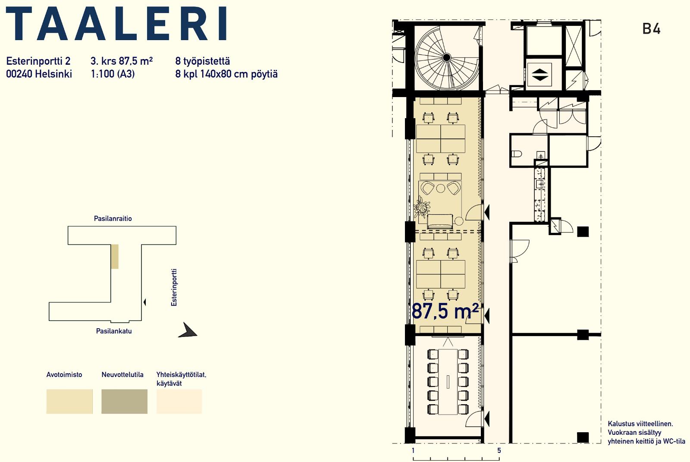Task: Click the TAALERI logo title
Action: point(117,23)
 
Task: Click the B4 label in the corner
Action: point(651,29)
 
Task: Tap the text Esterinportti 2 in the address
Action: point(38,61)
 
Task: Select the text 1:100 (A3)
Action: point(113,74)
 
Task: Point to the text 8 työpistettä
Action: point(202,61)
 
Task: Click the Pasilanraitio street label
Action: point(113,219)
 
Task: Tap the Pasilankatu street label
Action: point(114,331)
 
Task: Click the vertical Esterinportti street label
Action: point(174,287)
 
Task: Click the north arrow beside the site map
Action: point(188,330)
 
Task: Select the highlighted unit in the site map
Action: point(115,256)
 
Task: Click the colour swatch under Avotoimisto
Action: point(69,401)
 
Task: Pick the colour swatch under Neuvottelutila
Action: point(124,401)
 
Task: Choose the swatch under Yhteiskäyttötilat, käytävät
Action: point(179,401)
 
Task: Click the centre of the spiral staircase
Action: point(447,57)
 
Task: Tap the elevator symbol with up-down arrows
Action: point(539,75)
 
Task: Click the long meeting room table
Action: point(448,382)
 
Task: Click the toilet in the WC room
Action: point(516,154)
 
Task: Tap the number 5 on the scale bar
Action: point(499,450)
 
